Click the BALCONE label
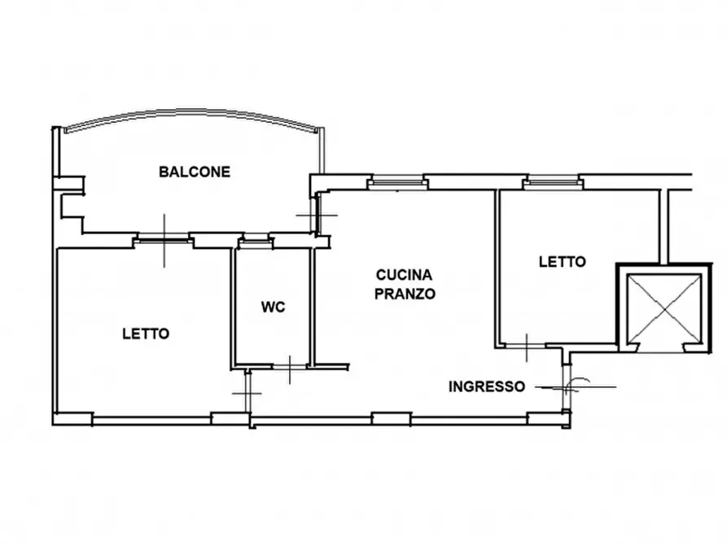tap(195, 172)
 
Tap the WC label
tap(273, 307)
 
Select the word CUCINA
tap(404, 275)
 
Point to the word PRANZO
tap(405, 294)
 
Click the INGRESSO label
tap(487, 386)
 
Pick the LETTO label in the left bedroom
tap(146, 334)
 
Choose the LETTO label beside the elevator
tap(562, 262)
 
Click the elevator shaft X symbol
tap(663, 308)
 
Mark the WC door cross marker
tap(290, 369)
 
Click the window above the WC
tap(254, 240)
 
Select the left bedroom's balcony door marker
tap(164, 240)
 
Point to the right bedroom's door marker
tap(526, 347)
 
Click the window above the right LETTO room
tap(553, 182)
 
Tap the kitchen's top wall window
tap(397, 182)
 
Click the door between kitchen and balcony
tap(318, 215)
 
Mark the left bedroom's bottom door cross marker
tap(247, 393)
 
